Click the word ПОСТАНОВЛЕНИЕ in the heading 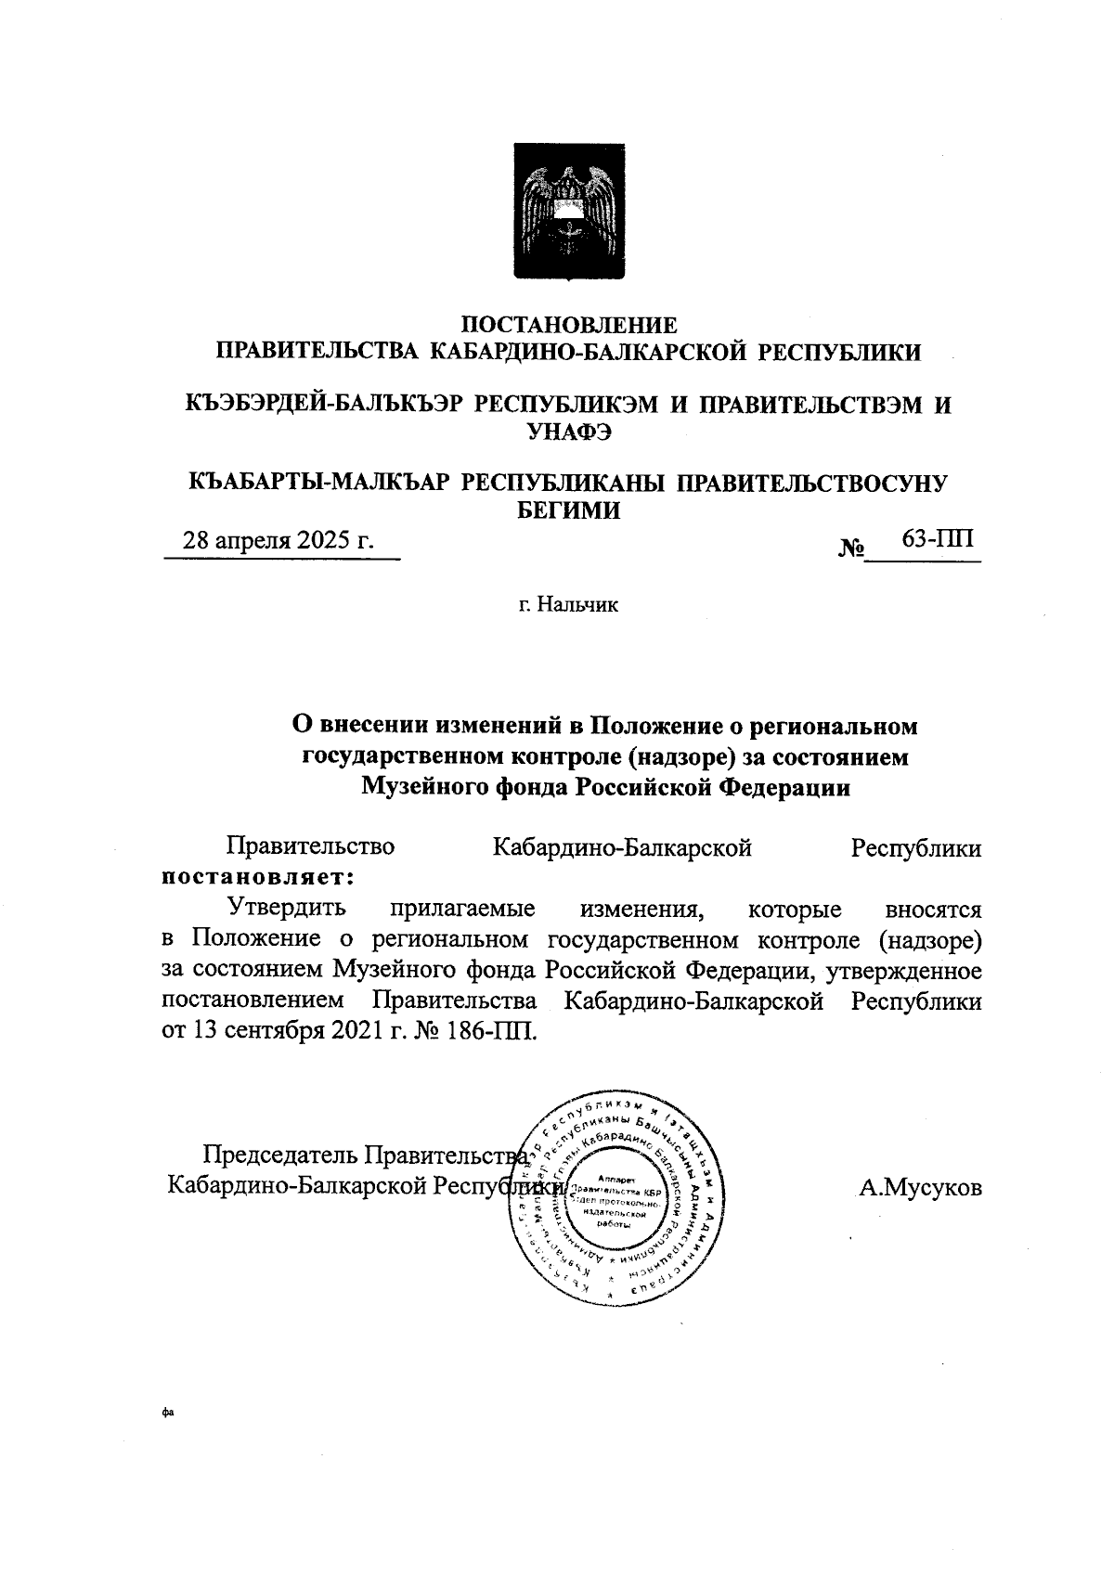point(569,326)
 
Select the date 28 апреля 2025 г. point(278,541)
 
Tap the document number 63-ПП point(937,539)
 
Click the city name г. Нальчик point(568,605)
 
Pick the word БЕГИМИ point(568,510)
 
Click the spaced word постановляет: point(257,875)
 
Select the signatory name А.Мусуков point(919,1188)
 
